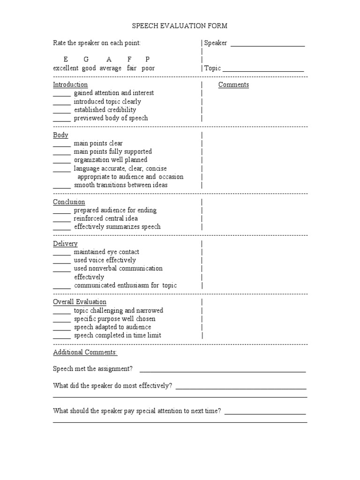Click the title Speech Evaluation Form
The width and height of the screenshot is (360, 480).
[180, 26]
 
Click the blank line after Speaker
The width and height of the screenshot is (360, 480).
[268, 45]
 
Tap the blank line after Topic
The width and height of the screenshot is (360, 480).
[263, 70]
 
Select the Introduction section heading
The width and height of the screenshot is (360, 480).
[70, 85]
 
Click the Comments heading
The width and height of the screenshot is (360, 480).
[233, 85]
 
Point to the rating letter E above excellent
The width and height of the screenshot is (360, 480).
[66, 60]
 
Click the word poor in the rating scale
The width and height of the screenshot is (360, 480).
[148, 68]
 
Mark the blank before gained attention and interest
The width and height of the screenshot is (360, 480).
[62, 95]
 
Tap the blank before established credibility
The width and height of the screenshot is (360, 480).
[62, 112]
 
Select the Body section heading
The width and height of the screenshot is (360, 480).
[60, 135]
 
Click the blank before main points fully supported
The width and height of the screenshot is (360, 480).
[62, 154]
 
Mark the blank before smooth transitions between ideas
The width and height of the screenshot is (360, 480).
[62, 187]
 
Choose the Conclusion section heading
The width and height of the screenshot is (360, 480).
[69, 202]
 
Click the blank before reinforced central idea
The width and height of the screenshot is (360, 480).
[62, 221]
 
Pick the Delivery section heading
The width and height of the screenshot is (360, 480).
[65, 244]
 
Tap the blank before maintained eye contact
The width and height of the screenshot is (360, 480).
[62, 254]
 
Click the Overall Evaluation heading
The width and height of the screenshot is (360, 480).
[80, 302]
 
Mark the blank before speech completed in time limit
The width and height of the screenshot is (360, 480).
[62, 337]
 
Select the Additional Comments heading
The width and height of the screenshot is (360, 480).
[85, 352]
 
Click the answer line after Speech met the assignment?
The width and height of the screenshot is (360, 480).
[223, 371]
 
